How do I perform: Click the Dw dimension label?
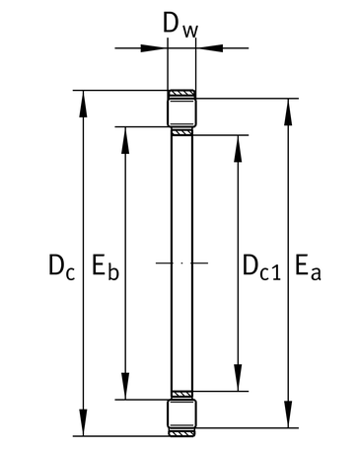pyautogui.click(x=180, y=26)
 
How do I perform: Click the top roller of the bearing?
pyautogui.click(x=181, y=112)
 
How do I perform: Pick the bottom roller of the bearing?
pyautogui.click(x=181, y=413)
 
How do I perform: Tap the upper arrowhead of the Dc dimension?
pyautogui.click(x=83, y=104)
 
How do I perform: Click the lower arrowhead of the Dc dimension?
pyautogui.click(x=83, y=422)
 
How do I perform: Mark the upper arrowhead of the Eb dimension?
pyautogui.click(x=125, y=140)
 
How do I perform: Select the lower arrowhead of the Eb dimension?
pyautogui.click(x=125, y=386)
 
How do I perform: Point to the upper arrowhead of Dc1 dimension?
pyautogui.click(x=238, y=149)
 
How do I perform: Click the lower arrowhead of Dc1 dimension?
pyautogui.click(x=238, y=378)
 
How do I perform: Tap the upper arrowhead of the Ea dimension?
pyautogui.click(x=288, y=112)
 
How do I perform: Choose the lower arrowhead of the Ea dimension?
pyautogui.click(x=288, y=414)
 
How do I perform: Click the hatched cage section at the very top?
pyautogui.click(x=181, y=94)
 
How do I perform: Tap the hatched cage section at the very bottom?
pyautogui.click(x=181, y=432)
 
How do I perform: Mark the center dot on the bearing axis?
pyautogui.click(x=181, y=262)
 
